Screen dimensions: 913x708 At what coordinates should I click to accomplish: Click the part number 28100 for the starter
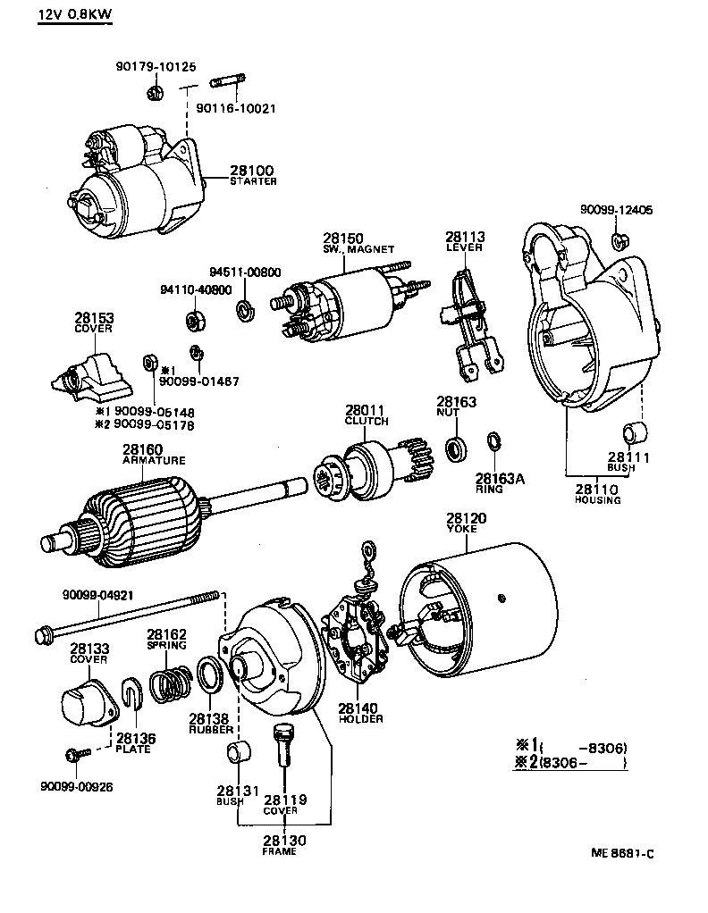(x=251, y=170)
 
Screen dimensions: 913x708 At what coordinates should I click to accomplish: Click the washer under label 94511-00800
(x=243, y=311)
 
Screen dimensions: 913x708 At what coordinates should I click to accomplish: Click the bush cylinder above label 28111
(x=634, y=434)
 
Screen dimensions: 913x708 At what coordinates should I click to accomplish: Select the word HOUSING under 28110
(x=598, y=500)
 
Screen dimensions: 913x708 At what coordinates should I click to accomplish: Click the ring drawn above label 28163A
(x=493, y=441)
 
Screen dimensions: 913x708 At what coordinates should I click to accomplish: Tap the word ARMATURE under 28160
(x=154, y=461)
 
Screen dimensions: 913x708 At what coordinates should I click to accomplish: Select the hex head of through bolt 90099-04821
(x=43, y=634)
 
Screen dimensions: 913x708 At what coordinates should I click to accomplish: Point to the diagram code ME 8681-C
(x=622, y=854)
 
